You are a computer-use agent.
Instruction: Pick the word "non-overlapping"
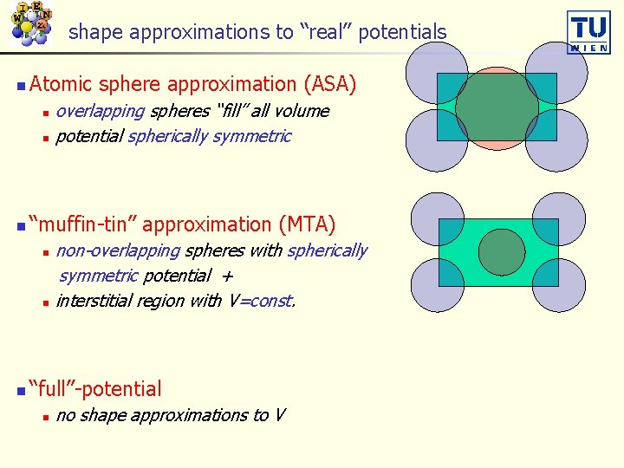pos(118,250)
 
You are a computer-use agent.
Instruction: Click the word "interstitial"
pos(97,301)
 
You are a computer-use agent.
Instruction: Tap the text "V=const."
pos(262,301)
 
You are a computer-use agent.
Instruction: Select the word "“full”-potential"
pos(94,389)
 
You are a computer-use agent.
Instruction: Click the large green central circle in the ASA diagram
pos(496,106)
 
